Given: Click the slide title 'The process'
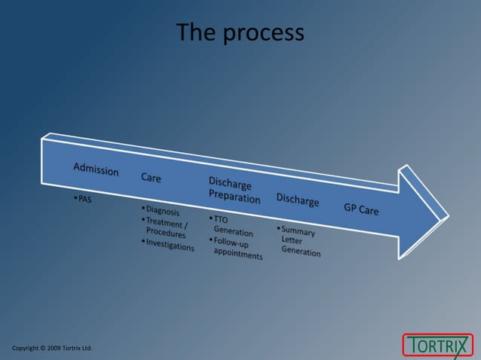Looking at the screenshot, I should click(x=240, y=32).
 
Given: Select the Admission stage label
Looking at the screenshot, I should click(x=96, y=169).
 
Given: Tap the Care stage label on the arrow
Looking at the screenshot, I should click(x=151, y=178).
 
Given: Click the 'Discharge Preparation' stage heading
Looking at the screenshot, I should click(x=234, y=191).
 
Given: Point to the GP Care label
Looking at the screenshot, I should click(x=361, y=209).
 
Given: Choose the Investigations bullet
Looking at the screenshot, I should click(x=168, y=244).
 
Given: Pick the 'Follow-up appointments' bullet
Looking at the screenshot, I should click(x=236, y=249).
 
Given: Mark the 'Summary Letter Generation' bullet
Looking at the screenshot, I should click(x=299, y=242).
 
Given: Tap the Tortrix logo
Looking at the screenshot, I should click(x=437, y=345).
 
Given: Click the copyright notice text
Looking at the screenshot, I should click(x=52, y=348).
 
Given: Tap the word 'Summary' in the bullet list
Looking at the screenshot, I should click(x=299, y=231).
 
